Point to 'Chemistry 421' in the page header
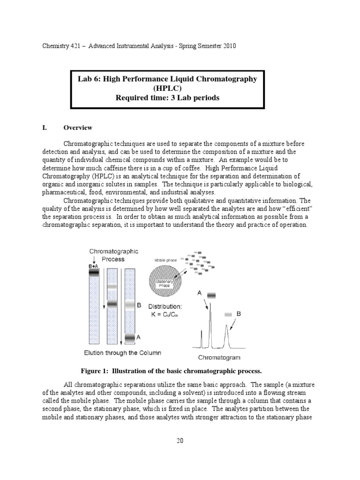(55, 46)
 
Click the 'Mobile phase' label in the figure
(164, 260)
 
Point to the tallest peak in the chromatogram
(210, 323)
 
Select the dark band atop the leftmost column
(94, 272)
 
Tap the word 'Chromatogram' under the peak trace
(219, 358)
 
